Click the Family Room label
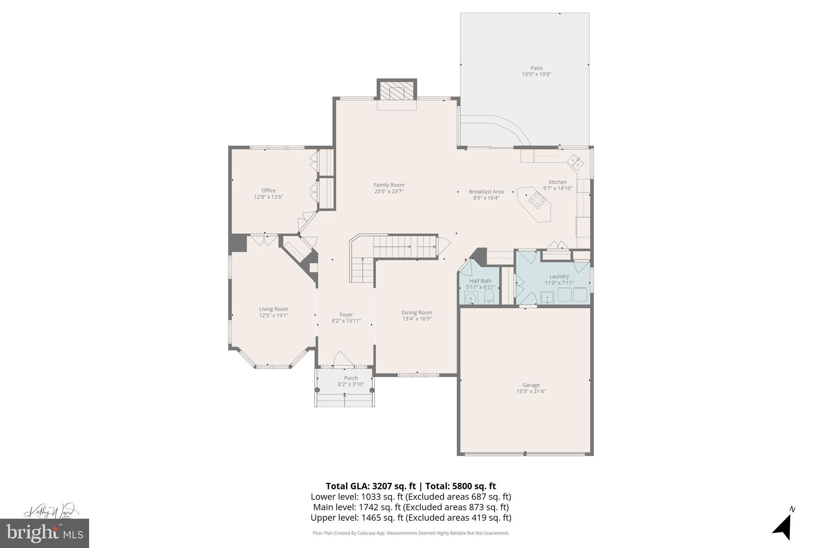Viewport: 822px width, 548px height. (389, 185)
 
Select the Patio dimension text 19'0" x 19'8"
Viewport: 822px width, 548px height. (536, 74)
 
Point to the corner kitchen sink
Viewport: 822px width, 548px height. (575, 162)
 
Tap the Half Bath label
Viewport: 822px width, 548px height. (480, 281)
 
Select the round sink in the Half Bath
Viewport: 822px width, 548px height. (471, 298)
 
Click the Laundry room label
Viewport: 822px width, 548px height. (559, 276)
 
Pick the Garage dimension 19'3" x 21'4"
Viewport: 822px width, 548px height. (531, 391)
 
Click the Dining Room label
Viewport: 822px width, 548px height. (417, 312)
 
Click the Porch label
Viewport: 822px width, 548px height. (351, 378)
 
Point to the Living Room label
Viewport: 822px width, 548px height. (273, 309)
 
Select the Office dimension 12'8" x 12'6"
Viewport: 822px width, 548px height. (269, 197)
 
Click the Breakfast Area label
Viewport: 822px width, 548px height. (486, 191)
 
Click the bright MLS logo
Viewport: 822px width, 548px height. (45, 533)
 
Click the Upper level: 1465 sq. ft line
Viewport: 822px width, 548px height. (411, 517)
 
